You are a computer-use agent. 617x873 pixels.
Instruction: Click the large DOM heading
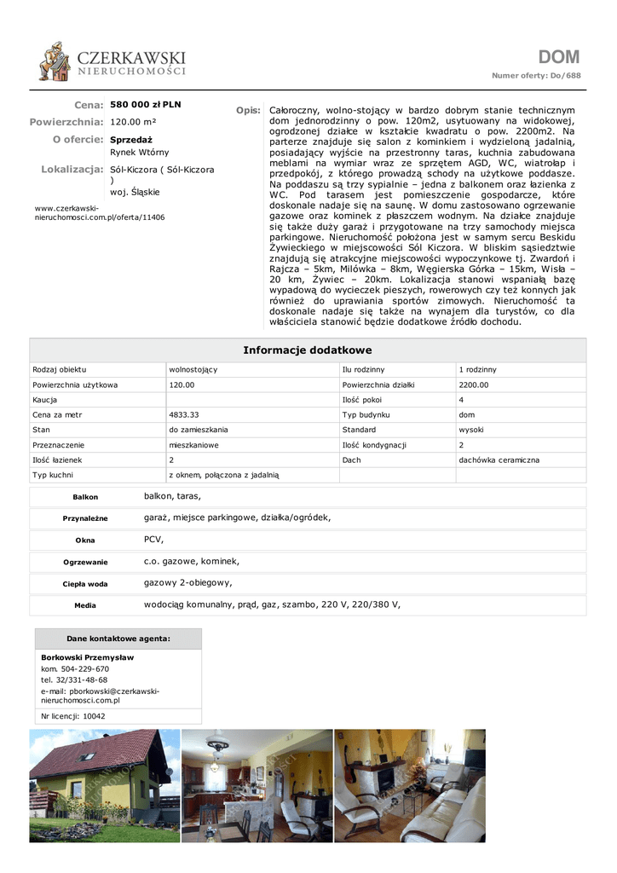pos(558,57)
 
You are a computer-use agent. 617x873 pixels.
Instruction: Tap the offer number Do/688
pos(565,76)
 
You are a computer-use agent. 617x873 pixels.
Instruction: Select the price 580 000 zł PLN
pos(146,105)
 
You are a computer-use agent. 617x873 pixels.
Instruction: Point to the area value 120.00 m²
pos(133,122)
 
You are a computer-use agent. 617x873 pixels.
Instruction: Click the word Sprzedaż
pos(131,139)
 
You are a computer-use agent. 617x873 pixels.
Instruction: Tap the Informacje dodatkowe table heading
pos(308,350)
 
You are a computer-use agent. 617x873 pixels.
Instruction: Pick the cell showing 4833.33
pos(184,415)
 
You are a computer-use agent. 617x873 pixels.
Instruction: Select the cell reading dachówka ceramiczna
pos(499,460)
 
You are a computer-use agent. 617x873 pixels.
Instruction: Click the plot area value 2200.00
pos(474,385)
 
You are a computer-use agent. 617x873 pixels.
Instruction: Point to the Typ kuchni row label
pos(53,475)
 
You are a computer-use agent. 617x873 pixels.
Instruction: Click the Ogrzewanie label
pos(85,563)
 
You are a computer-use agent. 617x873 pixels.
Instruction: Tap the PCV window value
pos(153,540)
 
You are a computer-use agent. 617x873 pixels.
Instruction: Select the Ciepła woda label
pos(85,584)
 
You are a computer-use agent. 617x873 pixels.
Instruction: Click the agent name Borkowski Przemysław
pos(87,658)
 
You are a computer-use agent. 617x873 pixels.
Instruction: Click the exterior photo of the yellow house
pos(105,785)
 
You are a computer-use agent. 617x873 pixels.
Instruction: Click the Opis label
pos(248,111)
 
